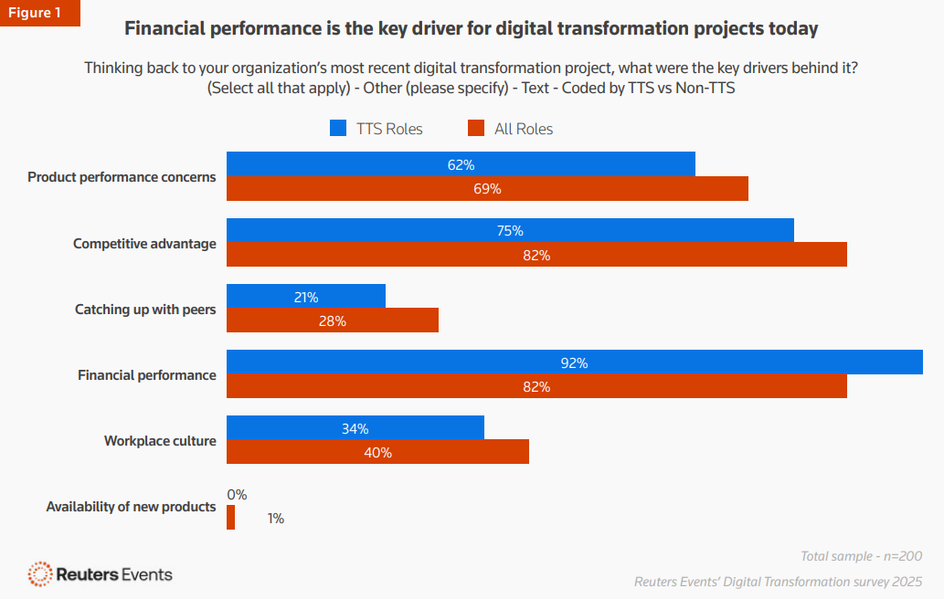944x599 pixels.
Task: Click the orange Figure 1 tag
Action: click(39, 13)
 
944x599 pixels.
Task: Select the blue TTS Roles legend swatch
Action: click(338, 129)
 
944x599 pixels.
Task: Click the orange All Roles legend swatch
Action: click(475, 129)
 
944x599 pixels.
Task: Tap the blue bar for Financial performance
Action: click(574, 363)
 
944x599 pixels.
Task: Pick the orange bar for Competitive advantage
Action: click(536, 255)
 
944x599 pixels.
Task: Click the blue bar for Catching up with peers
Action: click(305, 297)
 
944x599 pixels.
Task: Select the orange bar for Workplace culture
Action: click(377, 452)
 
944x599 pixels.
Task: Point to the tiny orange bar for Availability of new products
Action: click(230, 518)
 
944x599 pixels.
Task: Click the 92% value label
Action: click(574, 363)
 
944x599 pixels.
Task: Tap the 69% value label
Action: click(487, 189)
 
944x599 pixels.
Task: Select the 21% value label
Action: click(305, 297)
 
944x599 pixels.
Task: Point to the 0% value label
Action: click(237, 494)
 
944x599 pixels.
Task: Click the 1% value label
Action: click(275, 519)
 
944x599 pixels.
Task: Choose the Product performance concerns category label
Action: click(122, 177)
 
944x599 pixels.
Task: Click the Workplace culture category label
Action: click(160, 441)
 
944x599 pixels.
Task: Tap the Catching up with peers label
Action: click(145, 310)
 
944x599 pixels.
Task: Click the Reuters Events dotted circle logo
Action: click(40, 573)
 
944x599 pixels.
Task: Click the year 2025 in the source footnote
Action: click(906, 582)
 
